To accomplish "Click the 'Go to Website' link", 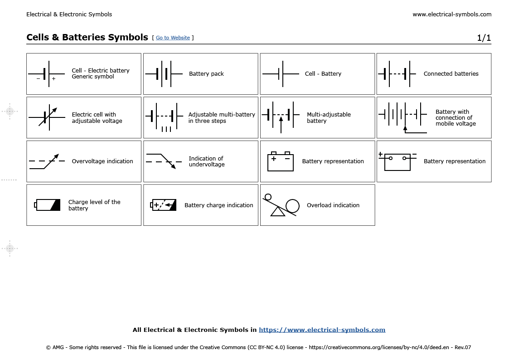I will (173, 38).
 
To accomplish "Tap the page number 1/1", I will (484, 38).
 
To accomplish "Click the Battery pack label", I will (206, 74).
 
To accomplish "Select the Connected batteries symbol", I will (397, 73).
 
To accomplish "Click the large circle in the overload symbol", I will (292, 206).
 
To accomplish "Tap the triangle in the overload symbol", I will (278, 211).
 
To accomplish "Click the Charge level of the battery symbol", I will (48, 205).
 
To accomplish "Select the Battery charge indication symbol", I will (163, 205).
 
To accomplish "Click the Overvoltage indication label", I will (102, 161).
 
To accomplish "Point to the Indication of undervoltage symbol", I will (161, 161).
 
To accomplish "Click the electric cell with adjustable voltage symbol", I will (47, 117).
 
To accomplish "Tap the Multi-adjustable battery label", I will (329, 118).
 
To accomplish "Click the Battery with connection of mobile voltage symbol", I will (403, 117).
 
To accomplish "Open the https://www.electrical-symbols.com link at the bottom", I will (322, 330).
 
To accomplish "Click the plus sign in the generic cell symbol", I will (53, 79).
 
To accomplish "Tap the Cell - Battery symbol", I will (281, 73).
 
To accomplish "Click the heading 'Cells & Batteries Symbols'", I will (87, 37).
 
